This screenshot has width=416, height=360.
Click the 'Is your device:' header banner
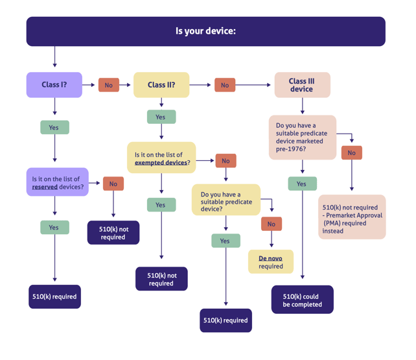(x=205, y=31)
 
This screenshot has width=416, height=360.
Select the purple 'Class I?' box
(x=54, y=85)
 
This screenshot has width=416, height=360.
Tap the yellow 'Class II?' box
(x=161, y=85)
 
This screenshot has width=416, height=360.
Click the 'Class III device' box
(x=302, y=85)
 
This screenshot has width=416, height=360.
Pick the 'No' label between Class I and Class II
(x=108, y=85)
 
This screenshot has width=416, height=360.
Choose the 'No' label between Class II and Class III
(x=225, y=85)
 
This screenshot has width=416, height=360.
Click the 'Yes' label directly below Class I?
(x=54, y=128)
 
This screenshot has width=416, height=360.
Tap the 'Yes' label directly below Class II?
(x=161, y=117)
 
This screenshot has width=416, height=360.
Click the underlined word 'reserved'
(x=45, y=187)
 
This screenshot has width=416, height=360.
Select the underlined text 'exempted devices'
(x=161, y=163)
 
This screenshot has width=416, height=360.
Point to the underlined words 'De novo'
(x=270, y=258)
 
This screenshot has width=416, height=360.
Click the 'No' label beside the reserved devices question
(x=113, y=184)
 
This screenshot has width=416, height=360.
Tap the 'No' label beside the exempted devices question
(x=225, y=161)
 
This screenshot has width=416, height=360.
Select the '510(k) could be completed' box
(x=302, y=300)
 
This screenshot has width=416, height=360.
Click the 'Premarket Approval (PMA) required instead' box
(x=352, y=217)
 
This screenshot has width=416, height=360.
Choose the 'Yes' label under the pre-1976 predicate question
(x=302, y=184)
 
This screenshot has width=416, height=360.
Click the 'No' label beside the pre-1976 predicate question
(x=352, y=153)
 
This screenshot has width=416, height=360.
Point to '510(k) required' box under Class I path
(x=54, y=296)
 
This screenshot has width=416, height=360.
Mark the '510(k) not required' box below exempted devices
(x=161, y=279)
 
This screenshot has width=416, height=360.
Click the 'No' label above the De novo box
(x=271, y=224)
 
